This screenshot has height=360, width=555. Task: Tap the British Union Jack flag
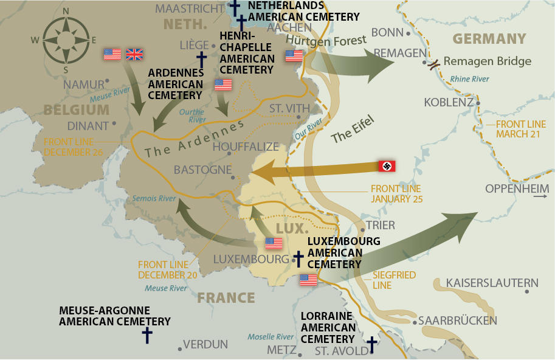[134, 55]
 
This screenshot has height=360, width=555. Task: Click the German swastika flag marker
[387, 165]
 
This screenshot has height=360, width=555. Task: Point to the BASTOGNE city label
[202, 170]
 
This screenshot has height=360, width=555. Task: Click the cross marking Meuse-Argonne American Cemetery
[147, 334]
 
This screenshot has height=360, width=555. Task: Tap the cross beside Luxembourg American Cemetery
[298, 258]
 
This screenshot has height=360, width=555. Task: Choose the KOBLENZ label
[449, 102]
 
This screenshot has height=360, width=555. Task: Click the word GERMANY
[489, 40]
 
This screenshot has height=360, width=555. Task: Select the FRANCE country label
[226, 297]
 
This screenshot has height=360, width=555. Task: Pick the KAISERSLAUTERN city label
[492, 283]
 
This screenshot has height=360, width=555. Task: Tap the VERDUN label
[205, 345]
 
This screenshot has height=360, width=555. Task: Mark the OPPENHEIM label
[517, 189]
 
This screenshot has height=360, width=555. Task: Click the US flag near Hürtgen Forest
[294, 56]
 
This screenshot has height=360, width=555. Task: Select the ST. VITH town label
[289, 108]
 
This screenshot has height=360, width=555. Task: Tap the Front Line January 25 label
[396, 194]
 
